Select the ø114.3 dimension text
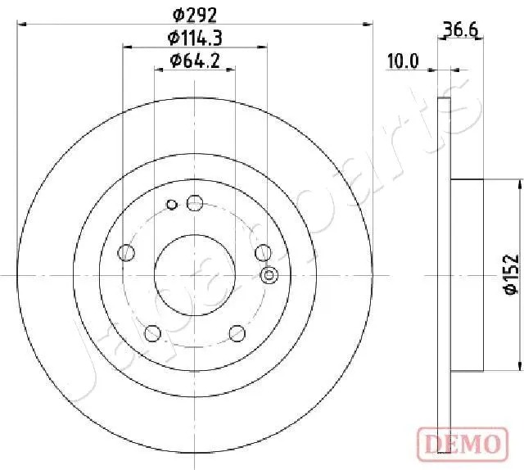click(196, 37)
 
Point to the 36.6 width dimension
click(459, 31)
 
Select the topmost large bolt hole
click(195, 202)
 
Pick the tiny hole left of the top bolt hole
click(171, 204)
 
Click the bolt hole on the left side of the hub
click(126, 253)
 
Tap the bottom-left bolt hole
click(152, 333)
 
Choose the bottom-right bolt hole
click(237, 333)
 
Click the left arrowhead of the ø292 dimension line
click(21, 25)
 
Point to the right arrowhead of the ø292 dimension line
click(369, 25)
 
